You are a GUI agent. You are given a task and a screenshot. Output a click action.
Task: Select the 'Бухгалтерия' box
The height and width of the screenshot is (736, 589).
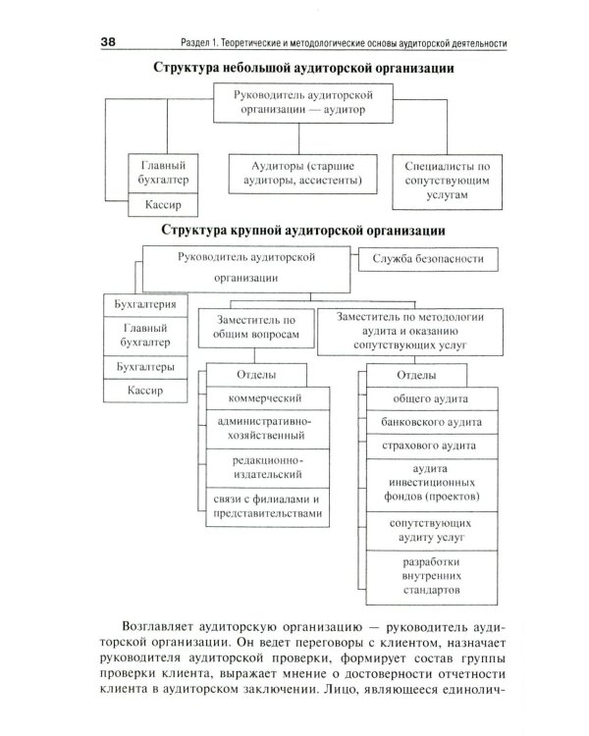coord(146,306)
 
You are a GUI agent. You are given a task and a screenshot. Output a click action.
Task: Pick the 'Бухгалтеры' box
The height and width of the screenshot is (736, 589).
coord(146,366)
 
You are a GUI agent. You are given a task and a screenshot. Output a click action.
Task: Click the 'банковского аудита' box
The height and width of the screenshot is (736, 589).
coord(430,423)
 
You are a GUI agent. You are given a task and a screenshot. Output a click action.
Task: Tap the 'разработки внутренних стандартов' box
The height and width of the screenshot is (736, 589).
coord(430,579)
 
